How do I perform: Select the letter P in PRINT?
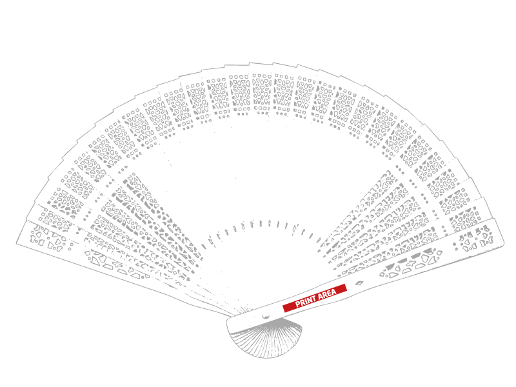tap(297, 304)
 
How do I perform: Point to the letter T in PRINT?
tap(315, 299)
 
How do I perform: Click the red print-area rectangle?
tap(315, 298)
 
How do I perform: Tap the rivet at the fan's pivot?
tap(266, 317)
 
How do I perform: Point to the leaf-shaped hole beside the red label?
tap(359, 283)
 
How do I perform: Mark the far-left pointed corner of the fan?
tap(17, 243)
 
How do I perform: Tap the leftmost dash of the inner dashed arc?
tap(203, 246)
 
